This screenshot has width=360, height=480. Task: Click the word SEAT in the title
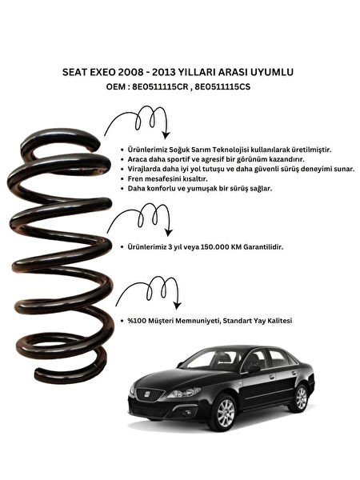coord(74,72)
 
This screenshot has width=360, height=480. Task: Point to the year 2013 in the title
coord(182,72)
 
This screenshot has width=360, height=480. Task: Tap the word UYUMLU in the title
coord(271,72)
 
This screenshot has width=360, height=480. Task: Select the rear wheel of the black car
coord(301,397)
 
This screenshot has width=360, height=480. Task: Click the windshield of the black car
coord(210,360)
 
